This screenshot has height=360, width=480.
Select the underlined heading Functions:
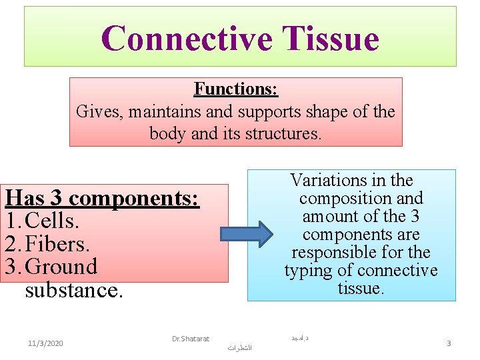(235, 89)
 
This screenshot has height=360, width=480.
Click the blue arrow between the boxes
(247, 233)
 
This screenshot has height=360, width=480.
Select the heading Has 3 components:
(102, 199)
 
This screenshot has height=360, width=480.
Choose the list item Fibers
(57, 244)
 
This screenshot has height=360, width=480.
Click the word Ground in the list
(61, 267)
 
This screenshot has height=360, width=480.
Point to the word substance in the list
(74, 290)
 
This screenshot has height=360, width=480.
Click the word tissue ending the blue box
(361, 288)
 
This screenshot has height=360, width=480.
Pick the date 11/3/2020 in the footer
(45, 343)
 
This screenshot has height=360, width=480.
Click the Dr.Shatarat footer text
(191, 339)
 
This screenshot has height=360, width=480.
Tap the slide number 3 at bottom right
(449, 343)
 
